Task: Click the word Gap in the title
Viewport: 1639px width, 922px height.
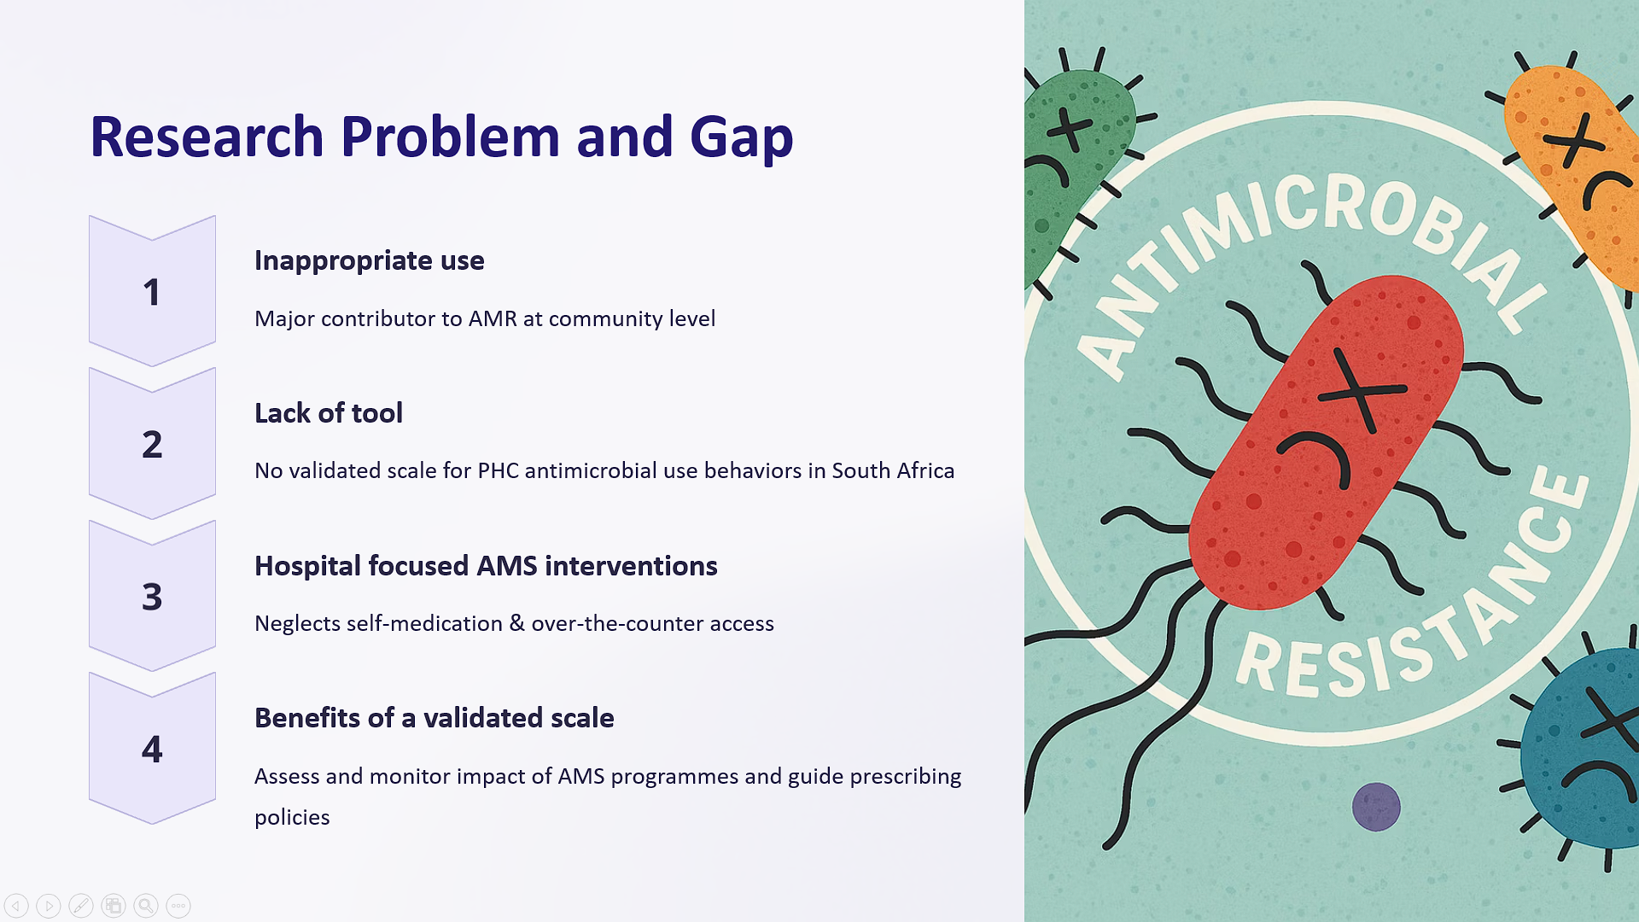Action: [741, 138]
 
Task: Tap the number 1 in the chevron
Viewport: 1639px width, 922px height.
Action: [152, 293]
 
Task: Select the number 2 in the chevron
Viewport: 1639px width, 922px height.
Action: [152, 445]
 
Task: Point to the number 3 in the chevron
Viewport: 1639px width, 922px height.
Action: [152, 597]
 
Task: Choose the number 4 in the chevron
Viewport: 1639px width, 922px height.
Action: [152, 749]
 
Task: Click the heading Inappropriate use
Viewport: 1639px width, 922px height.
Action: [370, 260]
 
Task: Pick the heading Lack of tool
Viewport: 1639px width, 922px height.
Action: [329, 413]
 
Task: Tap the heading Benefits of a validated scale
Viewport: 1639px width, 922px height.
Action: [435, 718]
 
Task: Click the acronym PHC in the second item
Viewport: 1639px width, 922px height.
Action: [498, 470]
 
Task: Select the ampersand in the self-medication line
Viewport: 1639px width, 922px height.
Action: [516, 622]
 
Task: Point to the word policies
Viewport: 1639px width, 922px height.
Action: [292, 818]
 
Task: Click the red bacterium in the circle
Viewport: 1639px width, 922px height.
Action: [1326, 441]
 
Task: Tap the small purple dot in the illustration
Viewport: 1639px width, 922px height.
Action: [1376, 807]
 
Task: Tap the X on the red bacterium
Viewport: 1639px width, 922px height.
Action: [1360, 390]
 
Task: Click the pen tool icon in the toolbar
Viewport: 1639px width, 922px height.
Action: [81, 906]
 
